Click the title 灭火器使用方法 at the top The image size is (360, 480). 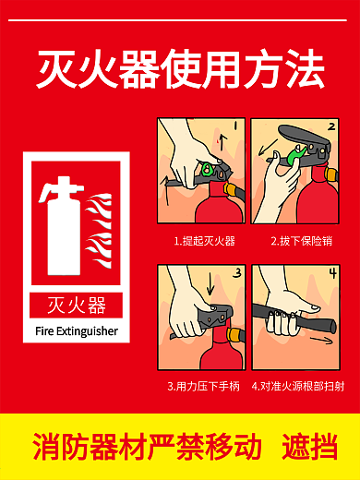[180, 69]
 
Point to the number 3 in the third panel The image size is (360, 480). [235, 273]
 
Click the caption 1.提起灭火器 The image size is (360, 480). [204, 241]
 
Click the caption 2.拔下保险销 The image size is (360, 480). [301, 241]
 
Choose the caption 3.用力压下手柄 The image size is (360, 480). [204, 387]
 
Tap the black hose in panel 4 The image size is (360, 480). [295, 323]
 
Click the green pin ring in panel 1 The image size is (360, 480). [210, 172]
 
